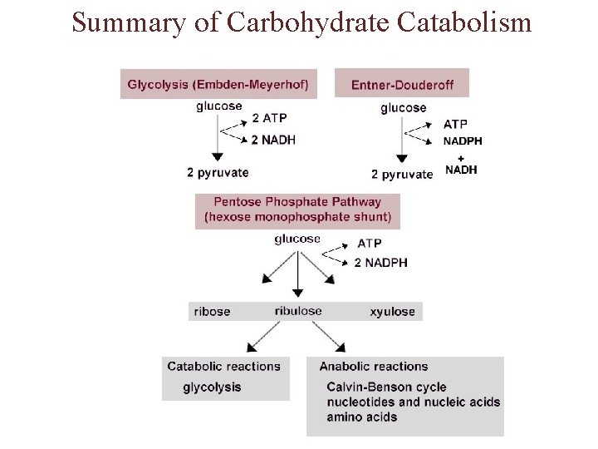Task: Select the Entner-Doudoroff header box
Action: (x=402, y=83)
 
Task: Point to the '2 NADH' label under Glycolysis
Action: (x=273, y=140)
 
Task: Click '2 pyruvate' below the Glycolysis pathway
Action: (x=218, y=172)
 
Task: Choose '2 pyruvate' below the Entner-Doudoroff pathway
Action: (x=402, y=174)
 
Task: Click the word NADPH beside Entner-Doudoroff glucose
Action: (x=464, y=141)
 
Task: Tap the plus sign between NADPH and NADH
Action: (x=462, y=155)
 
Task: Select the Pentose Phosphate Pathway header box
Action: (x=298, y=210)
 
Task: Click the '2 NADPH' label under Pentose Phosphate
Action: (x=381, y=263)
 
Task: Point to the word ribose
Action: (x=212, y=312)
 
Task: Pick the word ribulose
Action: (x=298, y=311)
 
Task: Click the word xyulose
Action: (x=392, y=312)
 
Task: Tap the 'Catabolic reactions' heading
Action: (x=224, y=366)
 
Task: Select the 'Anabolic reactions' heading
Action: (x=374, y=366)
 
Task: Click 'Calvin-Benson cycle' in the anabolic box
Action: (x=386, y=387)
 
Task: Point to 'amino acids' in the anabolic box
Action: (x=362, y=417)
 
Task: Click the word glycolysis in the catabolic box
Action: (x=212, y=387)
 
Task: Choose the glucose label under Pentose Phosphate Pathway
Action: (x=297, y=239)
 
